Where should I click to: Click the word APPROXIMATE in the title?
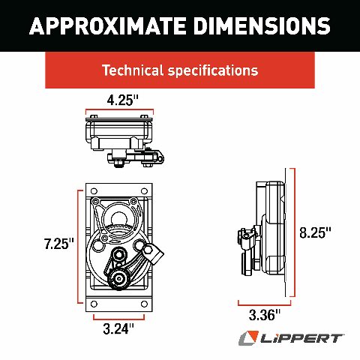click(107, 25)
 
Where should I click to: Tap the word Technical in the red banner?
click(133, 70)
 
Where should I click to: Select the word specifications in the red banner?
click(213, 70)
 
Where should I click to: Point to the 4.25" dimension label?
click(122, 100)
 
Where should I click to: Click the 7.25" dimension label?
click(59, 244)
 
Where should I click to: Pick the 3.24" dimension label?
click(118, 328)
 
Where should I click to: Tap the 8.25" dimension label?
click(315, 232)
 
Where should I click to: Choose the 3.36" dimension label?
click(265, 315)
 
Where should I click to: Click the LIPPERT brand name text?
click(301, 339)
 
